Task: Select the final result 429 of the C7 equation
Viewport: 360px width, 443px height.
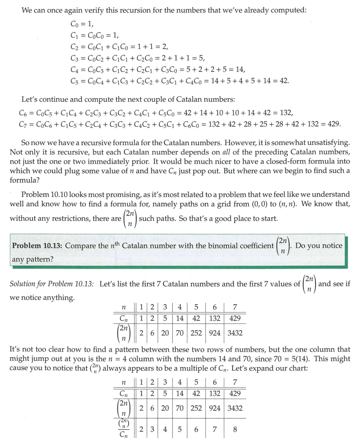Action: pos(333,124)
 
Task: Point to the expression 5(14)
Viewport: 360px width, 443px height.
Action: pos(302,359)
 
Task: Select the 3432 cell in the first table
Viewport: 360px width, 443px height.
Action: pos(235,333)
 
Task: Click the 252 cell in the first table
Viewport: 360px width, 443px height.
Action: pos(196,333)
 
